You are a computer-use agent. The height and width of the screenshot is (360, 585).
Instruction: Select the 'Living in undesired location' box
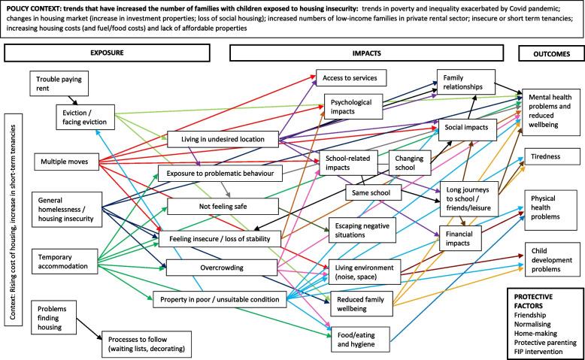[220, 140]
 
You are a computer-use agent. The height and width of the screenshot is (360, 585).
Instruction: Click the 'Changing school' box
[409, 162]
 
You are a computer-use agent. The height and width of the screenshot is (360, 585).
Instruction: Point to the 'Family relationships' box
[464, 83]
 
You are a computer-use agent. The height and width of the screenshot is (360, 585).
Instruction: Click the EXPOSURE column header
[117, 53]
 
